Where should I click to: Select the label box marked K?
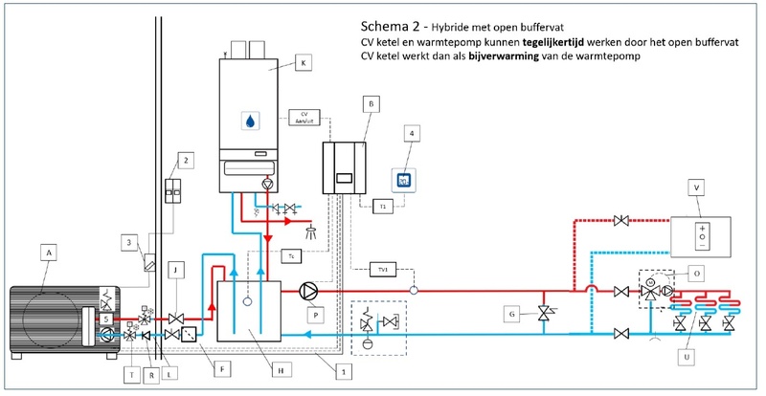tap(304, 62)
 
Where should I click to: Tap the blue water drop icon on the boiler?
tap(249, 121)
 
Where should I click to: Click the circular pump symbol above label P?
tap(307, 289)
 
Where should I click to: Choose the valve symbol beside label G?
tap(545, 313)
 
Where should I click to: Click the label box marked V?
tap(696, 189)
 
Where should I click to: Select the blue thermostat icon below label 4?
tap(404, 180)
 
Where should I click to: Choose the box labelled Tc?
tap(291, 255)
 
